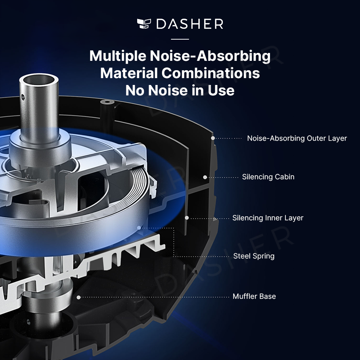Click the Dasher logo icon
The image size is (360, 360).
tap(144, 24)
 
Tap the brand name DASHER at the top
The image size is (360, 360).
tap(190, 24)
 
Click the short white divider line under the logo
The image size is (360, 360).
tap(180, 39)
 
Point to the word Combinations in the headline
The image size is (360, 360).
tap(211, 73)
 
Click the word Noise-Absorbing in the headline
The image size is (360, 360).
tap(210, 56)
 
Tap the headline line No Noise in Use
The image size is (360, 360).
tap(180, 90)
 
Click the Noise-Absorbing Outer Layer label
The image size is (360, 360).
tap(297, 138)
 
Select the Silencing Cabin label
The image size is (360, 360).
tap(268, 177)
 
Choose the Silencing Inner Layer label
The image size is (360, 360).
tap(268, 218)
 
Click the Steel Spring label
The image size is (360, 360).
tap(254, 256)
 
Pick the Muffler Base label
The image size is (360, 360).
tap(254, 296)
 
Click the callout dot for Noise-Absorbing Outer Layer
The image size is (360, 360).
tap(213, 138)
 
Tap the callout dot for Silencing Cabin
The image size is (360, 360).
tap(205, 177)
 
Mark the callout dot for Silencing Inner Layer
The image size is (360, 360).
tap(187, 218)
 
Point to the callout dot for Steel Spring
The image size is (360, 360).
tap(139, 228)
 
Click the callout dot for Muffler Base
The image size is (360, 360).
tap(78, 297)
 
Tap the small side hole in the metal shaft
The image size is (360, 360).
tap(22, 97)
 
